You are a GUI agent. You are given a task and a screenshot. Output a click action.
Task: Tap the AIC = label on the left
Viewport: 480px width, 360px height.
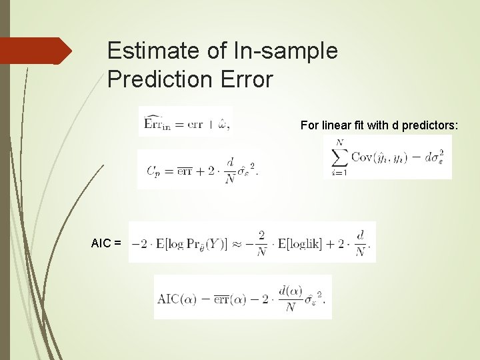pyautogui.click(x=106, y=243)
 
